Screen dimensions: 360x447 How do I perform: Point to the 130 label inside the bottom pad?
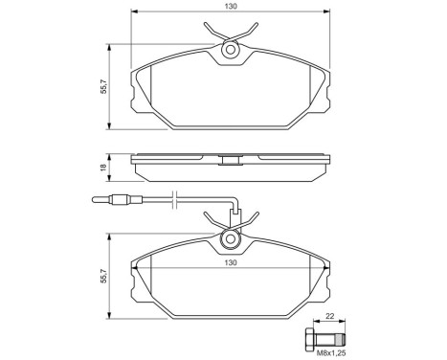pyautogui.click(x=230, y=261)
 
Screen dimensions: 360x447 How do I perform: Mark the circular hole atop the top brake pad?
pyautogui.click(x=230, y=51)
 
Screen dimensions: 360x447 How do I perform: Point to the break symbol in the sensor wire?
pyautogui.click(x=173, y=200)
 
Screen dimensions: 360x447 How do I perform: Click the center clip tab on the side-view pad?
pyautogui.click(x=230, y=159)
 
